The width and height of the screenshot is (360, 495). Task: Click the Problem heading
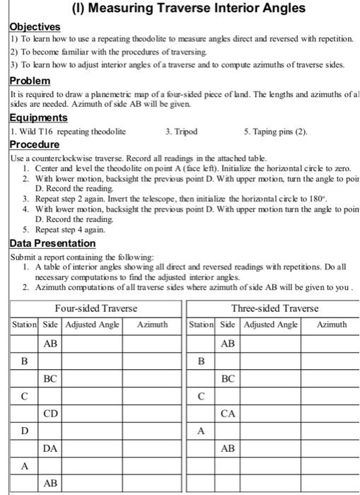point(30,81)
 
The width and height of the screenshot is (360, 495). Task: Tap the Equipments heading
point(39,117)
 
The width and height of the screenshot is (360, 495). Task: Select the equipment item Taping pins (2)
point(276,131)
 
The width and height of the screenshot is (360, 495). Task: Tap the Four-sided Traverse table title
point(96,308)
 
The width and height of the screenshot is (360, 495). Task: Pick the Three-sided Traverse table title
point(274,308)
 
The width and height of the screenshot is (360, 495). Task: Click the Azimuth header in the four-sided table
point(152,325)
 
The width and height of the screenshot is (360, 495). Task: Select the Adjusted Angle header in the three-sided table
point(271,325)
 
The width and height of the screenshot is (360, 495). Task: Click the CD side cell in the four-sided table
point(50,413)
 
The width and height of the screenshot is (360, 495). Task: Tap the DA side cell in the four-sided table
point(50,448)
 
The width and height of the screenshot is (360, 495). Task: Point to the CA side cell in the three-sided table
point(228,413)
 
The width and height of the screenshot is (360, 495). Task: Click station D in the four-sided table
point(24,431)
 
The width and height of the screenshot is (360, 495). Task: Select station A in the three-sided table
point(201,431)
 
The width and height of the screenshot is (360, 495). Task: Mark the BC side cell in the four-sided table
point(50,378)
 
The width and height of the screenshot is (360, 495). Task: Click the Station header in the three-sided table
point(201,325)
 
